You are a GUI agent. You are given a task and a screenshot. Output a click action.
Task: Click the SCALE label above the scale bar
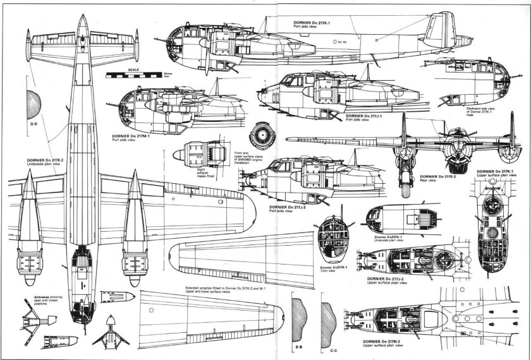click(x=133, y=69)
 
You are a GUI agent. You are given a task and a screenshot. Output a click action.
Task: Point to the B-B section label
click(x=298, y=347)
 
